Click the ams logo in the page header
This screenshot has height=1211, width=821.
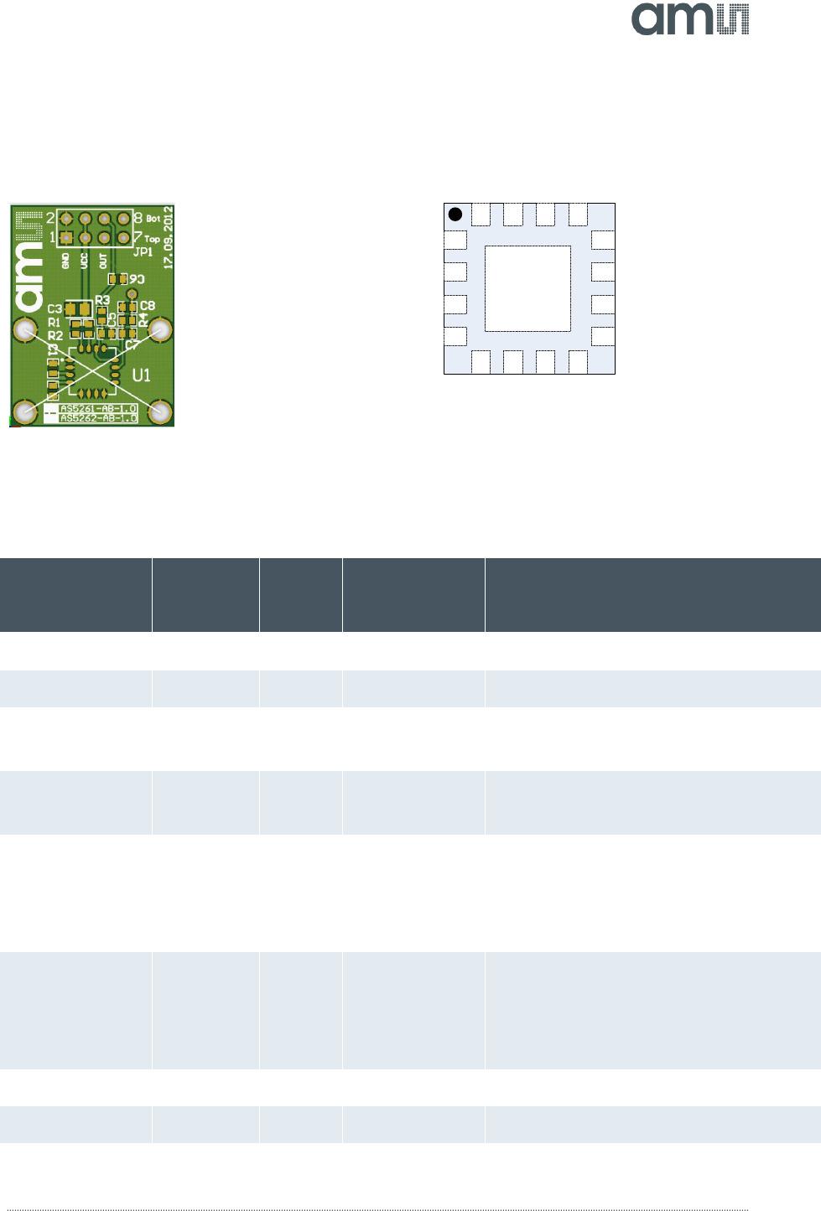[689, 18]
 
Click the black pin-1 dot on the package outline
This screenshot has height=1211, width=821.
[455, 215]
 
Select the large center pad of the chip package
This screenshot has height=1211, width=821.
[527, 288]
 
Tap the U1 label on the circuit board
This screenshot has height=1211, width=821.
[141, 375]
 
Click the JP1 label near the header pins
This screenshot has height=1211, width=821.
[143, 251]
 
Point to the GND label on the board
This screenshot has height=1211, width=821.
[66, 261]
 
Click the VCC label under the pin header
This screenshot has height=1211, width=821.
[84, 261]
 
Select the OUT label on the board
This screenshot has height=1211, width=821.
[103, 261]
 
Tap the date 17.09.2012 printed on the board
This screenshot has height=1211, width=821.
[168, 237]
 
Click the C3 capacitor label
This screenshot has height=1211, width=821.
[55, 309]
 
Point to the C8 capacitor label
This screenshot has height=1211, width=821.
[148, 305]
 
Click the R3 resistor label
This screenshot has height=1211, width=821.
[102, 300]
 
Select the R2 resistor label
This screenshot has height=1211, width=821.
[55, 335]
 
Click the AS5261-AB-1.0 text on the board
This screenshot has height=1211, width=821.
[98, 409]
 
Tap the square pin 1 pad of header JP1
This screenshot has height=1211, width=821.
[66, 238]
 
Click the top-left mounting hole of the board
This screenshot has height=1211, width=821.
[26, 329]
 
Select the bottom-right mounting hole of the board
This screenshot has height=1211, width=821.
[159, 411]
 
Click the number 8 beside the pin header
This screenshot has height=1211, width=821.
[138, 217]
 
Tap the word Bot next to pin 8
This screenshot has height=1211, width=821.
[153, 219]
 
